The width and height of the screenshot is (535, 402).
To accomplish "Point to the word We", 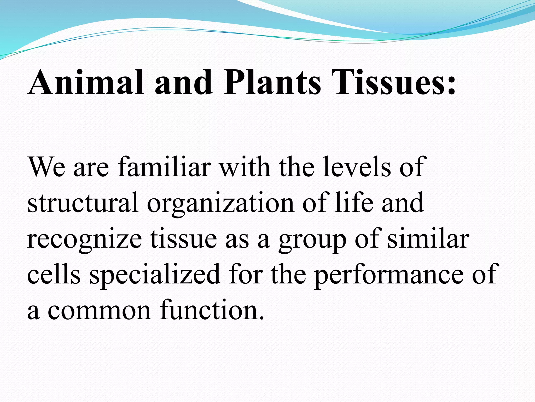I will pos(46,167).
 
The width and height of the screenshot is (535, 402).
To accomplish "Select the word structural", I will pos(83,203).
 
